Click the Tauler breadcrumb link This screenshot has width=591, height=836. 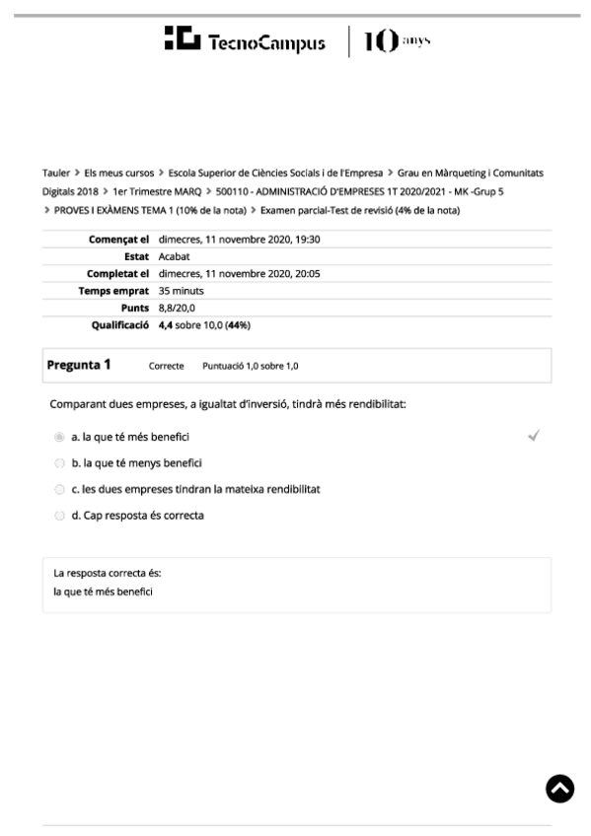[x=56, y=173]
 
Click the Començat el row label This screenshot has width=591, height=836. [x=118, y=239]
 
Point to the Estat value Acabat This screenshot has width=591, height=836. [x=175, y=256]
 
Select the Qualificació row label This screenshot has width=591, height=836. [x=120, y=324]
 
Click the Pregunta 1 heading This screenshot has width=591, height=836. [x=79, y=365]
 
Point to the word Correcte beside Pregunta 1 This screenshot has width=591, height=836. [x=166, y=366]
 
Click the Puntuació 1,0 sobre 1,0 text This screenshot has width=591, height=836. [x=251, y=366]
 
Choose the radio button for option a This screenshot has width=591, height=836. [x=59, y=436]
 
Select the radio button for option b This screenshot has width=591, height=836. [x=59, y=462]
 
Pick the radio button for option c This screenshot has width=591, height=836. [x=59, y=489]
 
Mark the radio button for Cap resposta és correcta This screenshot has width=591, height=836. [x=59, y=516]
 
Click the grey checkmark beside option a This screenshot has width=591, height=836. [x=534, y=435]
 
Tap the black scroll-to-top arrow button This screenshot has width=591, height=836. [x=559, y=788]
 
